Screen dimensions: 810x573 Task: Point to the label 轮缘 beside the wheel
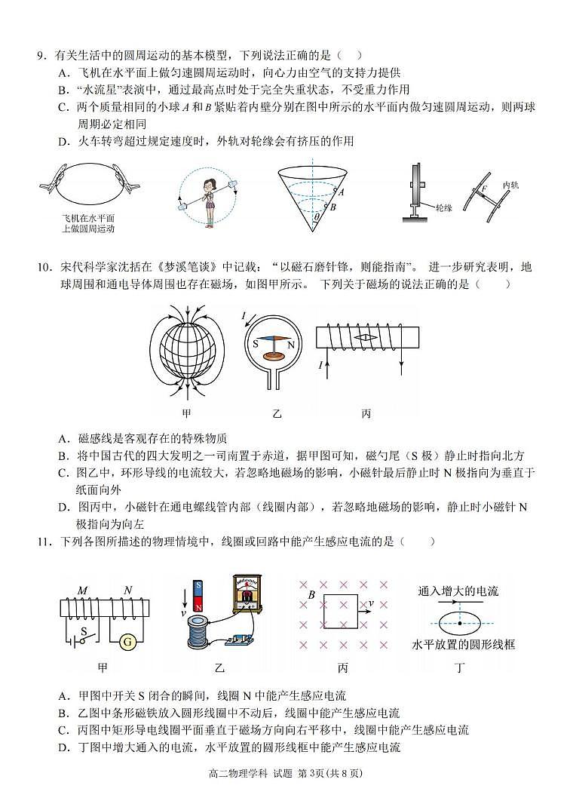[x=443, y=206]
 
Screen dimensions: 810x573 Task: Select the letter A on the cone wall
[x=341, y=192]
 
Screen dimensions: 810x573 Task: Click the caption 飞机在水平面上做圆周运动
[x=88, y=223]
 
